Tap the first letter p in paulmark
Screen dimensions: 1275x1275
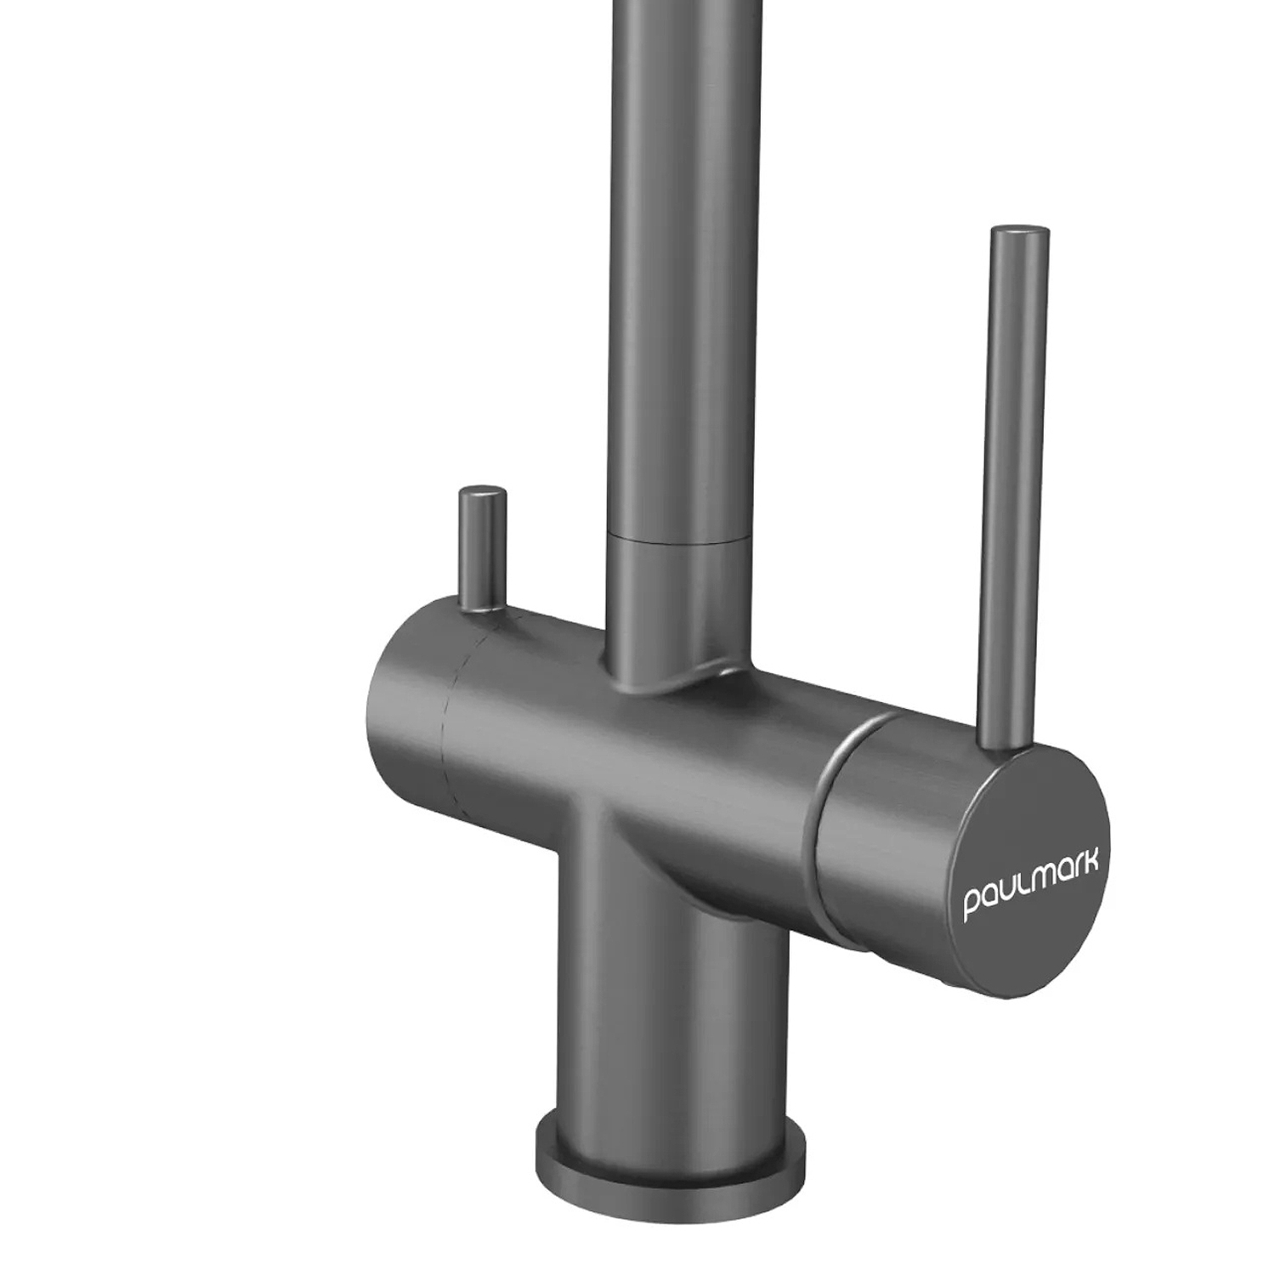(972, 905)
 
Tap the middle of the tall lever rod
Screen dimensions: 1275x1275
(1011, 489)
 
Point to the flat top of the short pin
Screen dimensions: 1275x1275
(482, 492)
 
